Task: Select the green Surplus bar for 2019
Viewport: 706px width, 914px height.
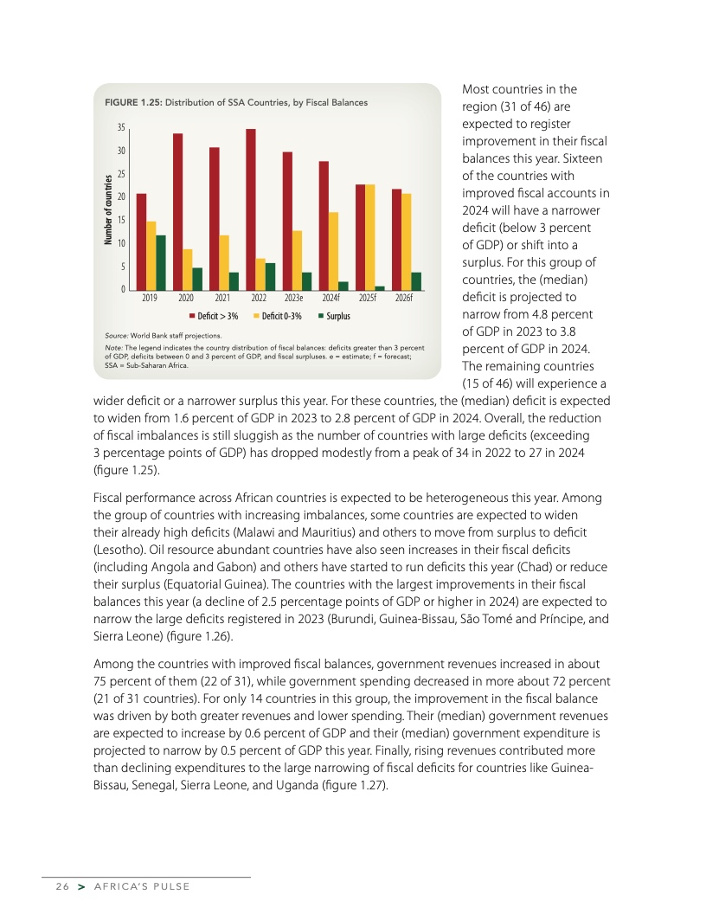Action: (160, 262)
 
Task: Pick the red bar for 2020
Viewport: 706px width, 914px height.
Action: (177, 211)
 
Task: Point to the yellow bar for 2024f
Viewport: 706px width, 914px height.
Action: (333, 250)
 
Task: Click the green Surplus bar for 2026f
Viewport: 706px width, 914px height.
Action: (417, 280)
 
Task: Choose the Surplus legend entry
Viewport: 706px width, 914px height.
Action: (334, 316)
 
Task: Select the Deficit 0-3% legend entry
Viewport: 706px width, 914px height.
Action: (277, 316)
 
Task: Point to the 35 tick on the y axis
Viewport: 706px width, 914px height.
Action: (122, 127)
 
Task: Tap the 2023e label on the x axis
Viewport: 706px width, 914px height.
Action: (293, 298)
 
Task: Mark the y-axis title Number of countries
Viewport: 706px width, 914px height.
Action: (108, 209)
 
